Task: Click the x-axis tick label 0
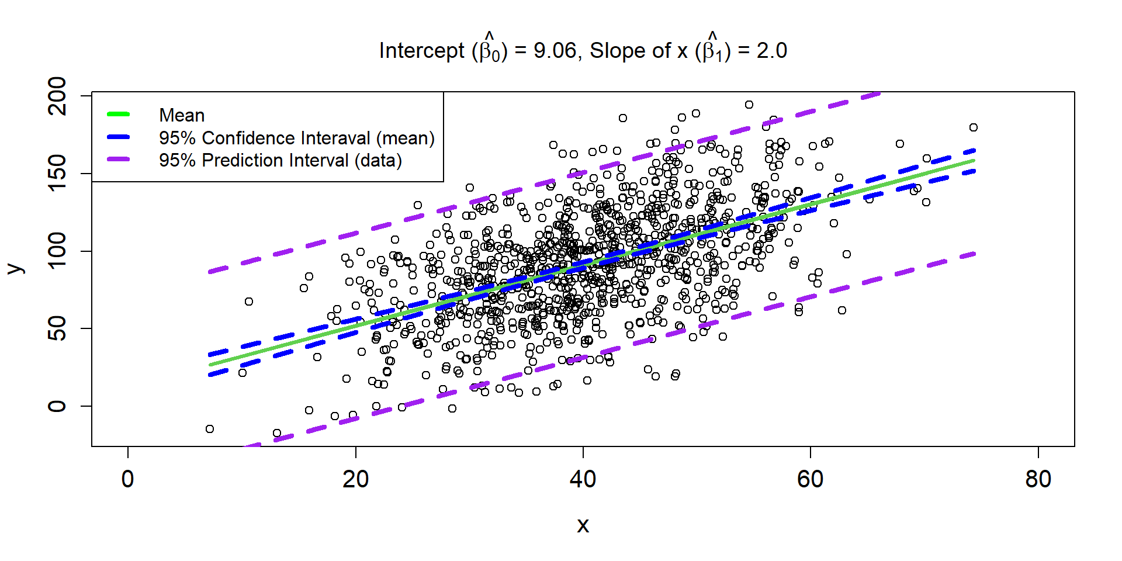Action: [x=127, y=479]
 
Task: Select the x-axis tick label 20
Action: [x=355, y=479]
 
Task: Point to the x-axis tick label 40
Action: [x=583, y=479]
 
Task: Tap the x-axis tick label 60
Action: [x=810, y=479]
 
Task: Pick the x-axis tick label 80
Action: [x=1038, y=479]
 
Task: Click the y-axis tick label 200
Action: [x=57, y=96]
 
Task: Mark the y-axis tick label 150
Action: [x=57, y=174]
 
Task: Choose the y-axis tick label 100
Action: [x=57, y=251]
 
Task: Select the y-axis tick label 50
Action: [x=57, y=328]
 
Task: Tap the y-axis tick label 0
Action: [x=57, y=406]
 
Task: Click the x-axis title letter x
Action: [x=583, y=525]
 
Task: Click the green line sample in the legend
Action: [x=118, y=115]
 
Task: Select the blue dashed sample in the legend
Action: [x=118, y=137]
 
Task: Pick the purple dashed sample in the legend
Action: [x=118, y=160]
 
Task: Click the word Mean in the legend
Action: [x=182, y=115]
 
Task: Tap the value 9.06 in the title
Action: [x=555, y=51]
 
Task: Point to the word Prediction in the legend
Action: [x=275, y=160]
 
